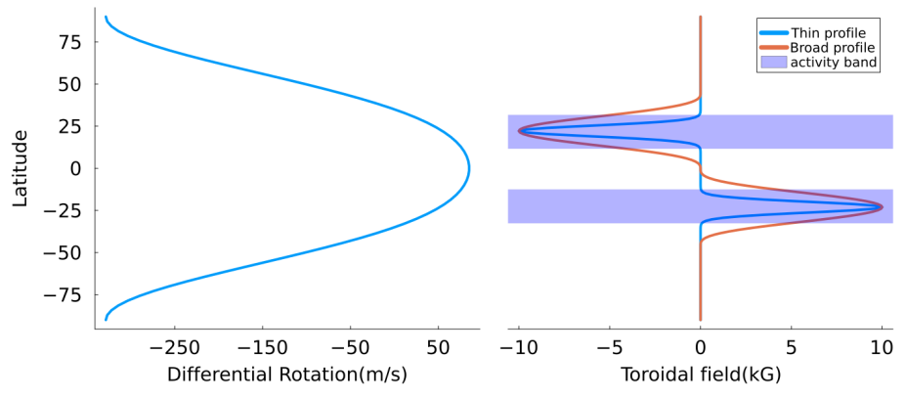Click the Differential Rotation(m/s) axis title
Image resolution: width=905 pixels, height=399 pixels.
click(x=287, y=375)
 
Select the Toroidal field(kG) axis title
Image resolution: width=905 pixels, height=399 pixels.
click(x=700, y=375)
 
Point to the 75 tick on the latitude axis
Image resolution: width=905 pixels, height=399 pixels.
click(x=70, y=42)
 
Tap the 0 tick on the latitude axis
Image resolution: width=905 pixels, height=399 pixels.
click(x=75, y=168)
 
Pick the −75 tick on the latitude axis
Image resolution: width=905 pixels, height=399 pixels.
click(x=65, y=294)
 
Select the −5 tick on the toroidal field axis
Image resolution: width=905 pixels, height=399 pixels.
click(x=609, y=348)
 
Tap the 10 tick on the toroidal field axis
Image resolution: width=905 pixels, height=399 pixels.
click(x=883, y=348)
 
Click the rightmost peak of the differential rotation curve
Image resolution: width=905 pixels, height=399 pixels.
click(x=469, y=168)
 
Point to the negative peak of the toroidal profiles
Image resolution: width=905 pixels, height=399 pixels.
click(x=519, y=131)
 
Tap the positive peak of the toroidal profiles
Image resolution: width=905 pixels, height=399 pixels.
click(x=882, y=206)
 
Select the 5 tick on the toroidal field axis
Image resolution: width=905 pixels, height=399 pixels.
click(x=792, y=348)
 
